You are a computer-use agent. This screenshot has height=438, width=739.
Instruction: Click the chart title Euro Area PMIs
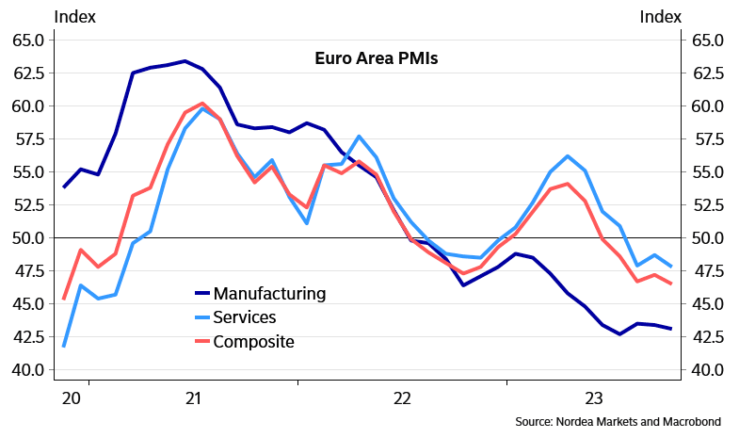(x=377, y=57)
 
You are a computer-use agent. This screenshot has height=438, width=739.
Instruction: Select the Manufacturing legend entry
(x=269, y=293)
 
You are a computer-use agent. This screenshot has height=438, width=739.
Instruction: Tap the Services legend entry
(x=245, y=317)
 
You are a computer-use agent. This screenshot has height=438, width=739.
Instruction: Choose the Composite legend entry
(x=254, y=341)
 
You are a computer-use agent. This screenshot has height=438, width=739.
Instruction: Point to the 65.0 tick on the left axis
(x=27, y=41)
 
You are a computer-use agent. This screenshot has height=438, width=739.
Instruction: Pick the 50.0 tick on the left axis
(x=27, y=238)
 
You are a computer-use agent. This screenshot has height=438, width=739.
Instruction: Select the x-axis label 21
(x=193, y=398)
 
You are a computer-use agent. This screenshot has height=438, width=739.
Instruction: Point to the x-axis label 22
(x=402, y=398)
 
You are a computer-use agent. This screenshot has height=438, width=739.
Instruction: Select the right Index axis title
(x=661, y=16)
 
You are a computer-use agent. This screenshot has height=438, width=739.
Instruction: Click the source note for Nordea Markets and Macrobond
(x=624, y=420)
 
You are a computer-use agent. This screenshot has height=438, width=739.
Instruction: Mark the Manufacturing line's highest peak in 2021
(x=185, y=61)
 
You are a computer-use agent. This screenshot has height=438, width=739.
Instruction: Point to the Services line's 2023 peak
(x=568, y=156)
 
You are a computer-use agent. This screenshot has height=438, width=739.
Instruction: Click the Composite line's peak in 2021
(x=202, y=104)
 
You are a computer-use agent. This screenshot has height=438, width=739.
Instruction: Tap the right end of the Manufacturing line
(x=670, y=329)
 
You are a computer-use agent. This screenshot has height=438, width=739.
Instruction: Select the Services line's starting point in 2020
(x=64, y=346)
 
